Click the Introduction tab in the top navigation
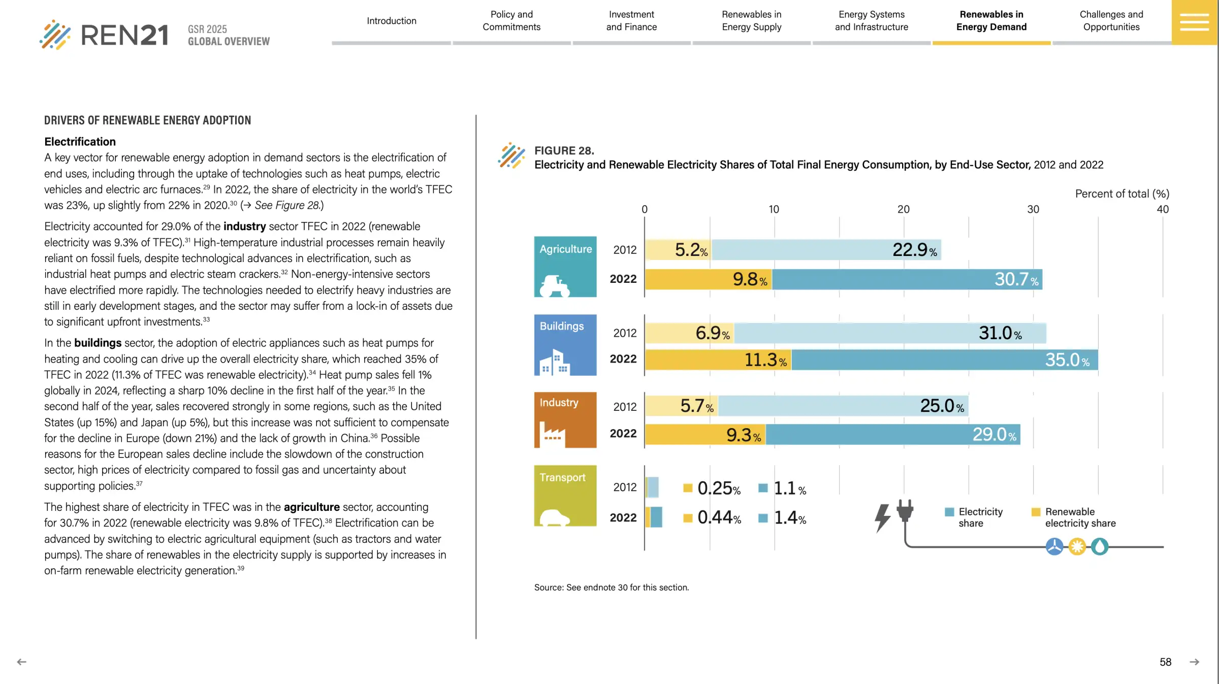[x=391, y=21]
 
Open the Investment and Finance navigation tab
[x=631, y=21]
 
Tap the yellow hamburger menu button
[x=1194, y=22]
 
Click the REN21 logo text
[x=124, y=36]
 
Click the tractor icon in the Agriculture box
[x=555, y=286]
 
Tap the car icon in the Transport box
[x=555, y=517]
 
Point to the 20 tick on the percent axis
[x=903, y=209]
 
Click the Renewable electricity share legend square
[x=1036, y=512]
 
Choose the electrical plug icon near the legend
[x=905, y=510]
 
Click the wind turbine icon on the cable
[x=1054, y=547]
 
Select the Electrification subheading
[x=80, y=142]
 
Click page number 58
[x=1165, y=662]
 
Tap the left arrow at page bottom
[x=21, y=662]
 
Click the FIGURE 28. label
[x=564, y=151]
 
